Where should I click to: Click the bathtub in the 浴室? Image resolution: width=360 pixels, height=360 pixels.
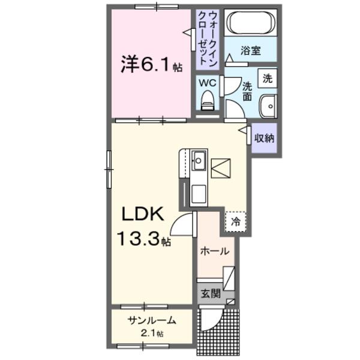(x=251, y=23)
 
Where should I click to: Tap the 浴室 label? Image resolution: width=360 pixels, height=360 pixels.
(x=251, y=50)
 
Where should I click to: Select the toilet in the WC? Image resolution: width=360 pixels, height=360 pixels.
(x=208, y=100)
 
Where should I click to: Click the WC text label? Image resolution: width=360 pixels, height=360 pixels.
(x=208, y=82)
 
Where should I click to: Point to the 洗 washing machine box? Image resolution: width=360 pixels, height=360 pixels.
(x=268, y=77)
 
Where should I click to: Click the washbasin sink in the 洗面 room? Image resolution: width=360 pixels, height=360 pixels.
(x=267, y=107)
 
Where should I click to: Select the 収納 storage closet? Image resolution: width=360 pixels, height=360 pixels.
(x=264, y=138)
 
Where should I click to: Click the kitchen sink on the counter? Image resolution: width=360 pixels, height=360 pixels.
(x=199, y=160)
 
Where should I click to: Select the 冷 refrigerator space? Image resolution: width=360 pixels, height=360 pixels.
(x=236, y=221)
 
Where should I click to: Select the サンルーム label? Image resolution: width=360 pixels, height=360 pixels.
(x=151, y=321)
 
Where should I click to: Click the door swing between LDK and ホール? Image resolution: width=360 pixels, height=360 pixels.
(x=183, y=225)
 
